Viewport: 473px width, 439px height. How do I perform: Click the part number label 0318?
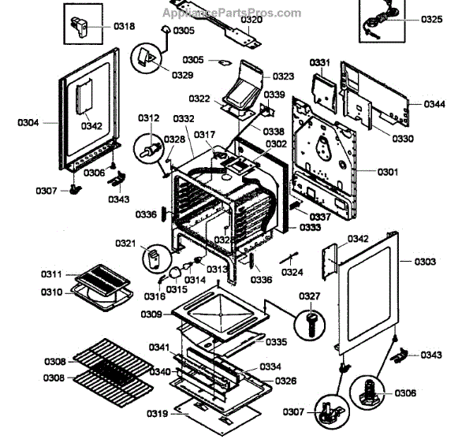coord(125,26)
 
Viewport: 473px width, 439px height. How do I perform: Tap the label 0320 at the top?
coord(251,20)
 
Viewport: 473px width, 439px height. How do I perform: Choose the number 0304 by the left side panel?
coord(28,122)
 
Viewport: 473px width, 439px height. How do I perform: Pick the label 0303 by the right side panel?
coord(424,261)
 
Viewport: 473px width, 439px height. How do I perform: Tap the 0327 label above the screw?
coord(310,296)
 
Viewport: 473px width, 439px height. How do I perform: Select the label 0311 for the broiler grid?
coord(52,273)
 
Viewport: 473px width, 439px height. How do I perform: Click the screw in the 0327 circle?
coord(309,322)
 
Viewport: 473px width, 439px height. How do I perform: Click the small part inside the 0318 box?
coord(82,26)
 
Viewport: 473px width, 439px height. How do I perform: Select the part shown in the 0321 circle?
coord(154,256)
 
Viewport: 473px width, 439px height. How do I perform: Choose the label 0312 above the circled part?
coord(148,117)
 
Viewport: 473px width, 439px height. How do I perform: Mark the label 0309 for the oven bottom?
coord(151,314)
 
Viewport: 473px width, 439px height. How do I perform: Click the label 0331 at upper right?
coord(318,61)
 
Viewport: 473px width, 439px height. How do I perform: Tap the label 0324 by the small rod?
coord(292,273)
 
